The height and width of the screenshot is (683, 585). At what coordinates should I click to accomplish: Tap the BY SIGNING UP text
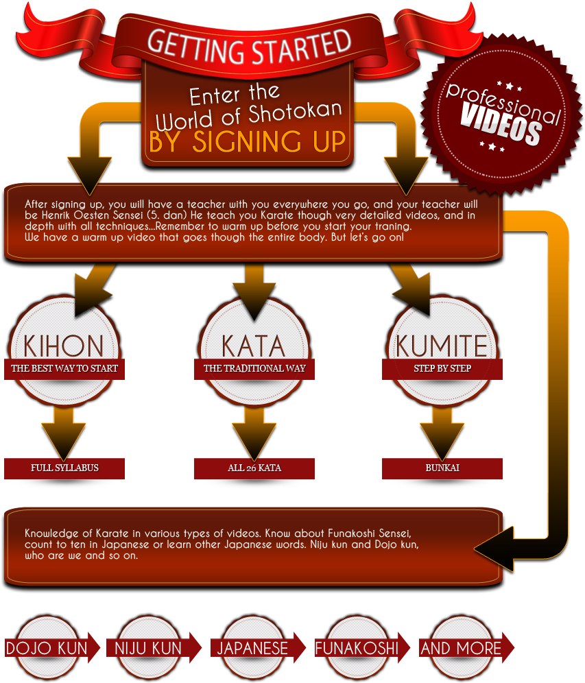pyautogui.click(x=247, y=141)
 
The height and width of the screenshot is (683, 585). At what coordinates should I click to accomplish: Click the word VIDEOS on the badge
pyautogui.click(x=501, y=125)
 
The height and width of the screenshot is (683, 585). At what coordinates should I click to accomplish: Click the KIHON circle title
pyautogui.click(x=64, y=346)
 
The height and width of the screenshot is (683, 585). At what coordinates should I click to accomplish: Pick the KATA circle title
pyautogui.click(x=254, y=346)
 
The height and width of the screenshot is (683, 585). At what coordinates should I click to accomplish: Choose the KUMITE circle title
pyautogui.click(x=442, y=346)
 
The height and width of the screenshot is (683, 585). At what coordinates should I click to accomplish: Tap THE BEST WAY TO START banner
pyautogui.click(x=64, y=369)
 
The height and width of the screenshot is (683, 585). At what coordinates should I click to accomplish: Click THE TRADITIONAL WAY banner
pyautogui.click(x=254, y=369)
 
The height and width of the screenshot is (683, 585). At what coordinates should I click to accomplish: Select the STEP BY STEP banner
pyautogui.click(x=442, y=369)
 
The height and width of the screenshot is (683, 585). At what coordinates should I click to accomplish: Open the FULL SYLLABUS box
pyautogui.click(x=64, y=468)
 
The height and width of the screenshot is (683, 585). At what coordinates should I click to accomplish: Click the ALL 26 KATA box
pyautogui.click(x=254, y=468)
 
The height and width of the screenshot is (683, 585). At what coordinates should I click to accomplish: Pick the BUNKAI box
pyautogui.click(x=442, y=468)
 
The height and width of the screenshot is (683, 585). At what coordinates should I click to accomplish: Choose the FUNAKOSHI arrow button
pyautogui.click(x=362, y=648)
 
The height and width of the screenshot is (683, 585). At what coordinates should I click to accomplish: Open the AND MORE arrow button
pyautogui.click(x=466, y=648)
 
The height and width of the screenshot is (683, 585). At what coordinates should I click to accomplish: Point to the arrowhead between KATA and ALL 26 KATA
pyautogui.click(x=254, y=441)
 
